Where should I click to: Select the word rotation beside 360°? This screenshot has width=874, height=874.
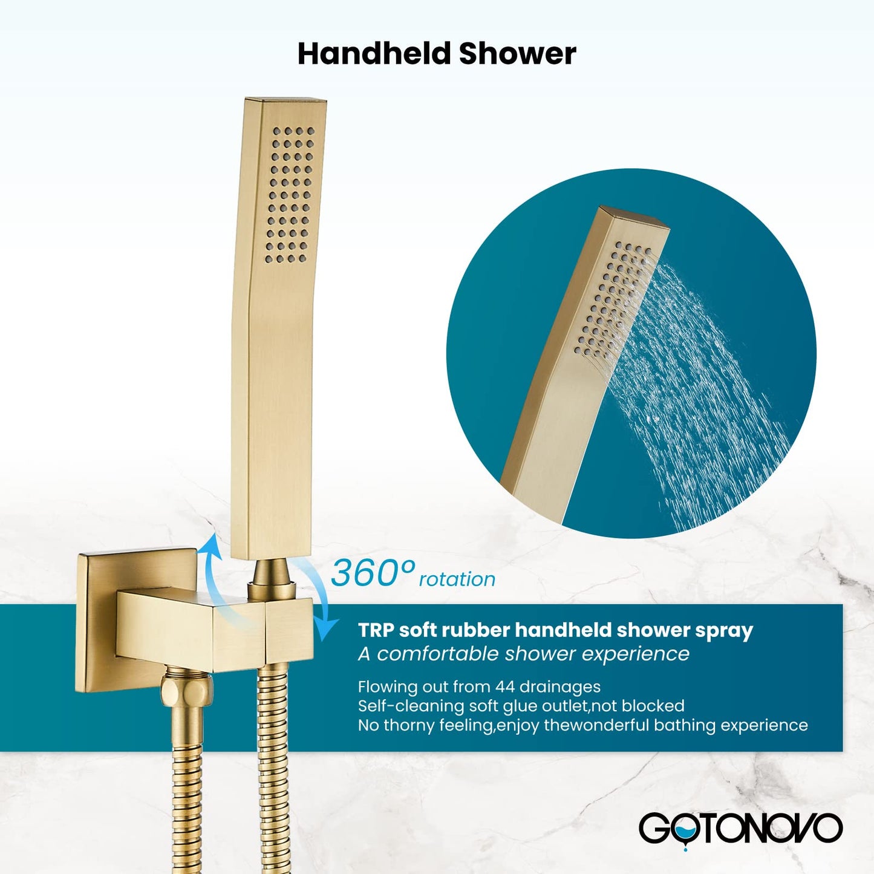tap(457, 579)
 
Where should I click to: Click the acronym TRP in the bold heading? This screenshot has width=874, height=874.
tap(376, 630)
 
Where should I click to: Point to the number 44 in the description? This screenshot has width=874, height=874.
tap(506, 686)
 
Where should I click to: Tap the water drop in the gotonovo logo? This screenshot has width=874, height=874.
tap(685, 837)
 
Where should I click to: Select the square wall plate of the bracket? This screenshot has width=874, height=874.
tap(97, 623)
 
